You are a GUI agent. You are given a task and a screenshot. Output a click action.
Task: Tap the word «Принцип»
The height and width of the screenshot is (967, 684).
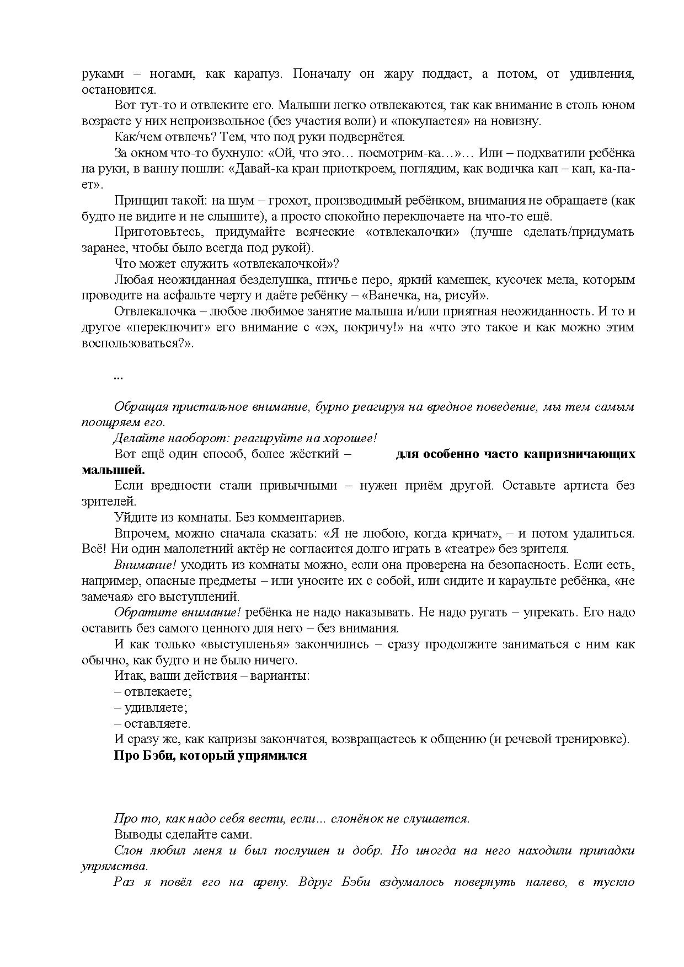coord(137,201)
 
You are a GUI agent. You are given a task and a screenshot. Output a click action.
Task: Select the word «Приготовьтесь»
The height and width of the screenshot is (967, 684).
coord(156,232)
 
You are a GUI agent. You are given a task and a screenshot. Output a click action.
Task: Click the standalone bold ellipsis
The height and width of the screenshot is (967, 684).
coord(118,377)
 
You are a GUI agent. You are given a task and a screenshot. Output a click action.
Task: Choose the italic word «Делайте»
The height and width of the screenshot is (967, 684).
coord(137,438)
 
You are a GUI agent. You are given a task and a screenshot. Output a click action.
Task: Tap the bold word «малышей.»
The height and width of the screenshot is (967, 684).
coord(114,470)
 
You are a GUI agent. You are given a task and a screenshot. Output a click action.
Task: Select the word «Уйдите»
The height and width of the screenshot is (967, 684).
coord(134,518)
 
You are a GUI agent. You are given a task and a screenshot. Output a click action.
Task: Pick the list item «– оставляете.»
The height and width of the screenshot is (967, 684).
coord(152,723)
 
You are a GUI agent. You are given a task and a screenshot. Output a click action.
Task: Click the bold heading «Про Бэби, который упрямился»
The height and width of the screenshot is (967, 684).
coord(210,755)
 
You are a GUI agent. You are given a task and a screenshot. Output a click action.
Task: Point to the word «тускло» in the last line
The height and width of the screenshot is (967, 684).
coord(614,882)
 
